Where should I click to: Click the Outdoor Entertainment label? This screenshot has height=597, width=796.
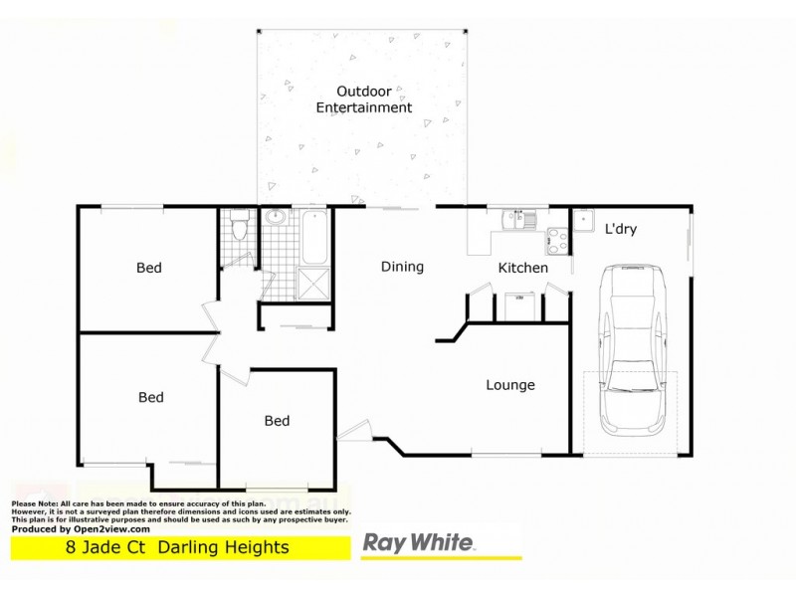pyautogui.click(x=363, y=99)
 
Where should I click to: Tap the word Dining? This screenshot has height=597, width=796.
pyautogui.click(x=402, y=267)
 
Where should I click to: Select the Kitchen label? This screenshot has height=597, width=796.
pyautogui.click(x=522, y=268)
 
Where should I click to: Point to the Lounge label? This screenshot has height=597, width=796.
pyautogui.click(x=510, y=385)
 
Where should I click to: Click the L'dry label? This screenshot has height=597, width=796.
pyautogui.click(x=621, y=229)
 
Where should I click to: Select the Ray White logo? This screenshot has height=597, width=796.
pyautogui.click(x=418, y=544)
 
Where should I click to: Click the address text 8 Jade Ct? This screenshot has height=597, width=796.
pyautogui.click(x=101, y=547)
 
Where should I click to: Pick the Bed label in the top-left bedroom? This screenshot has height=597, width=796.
pyautogui.click(x=149, y=268)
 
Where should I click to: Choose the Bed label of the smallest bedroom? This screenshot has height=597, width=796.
pyautogui.click(x=277, y=421)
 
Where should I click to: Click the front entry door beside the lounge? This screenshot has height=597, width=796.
pyautogui.click(x=353, y=432)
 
